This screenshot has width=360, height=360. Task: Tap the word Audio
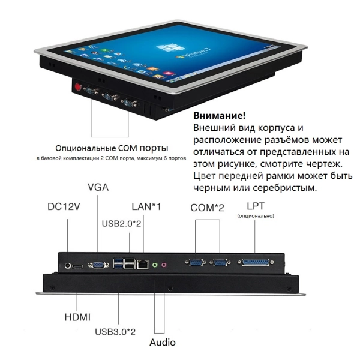[162, 343]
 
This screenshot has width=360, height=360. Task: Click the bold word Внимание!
[220, 115]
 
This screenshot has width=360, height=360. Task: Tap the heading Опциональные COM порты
[112, 148]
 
